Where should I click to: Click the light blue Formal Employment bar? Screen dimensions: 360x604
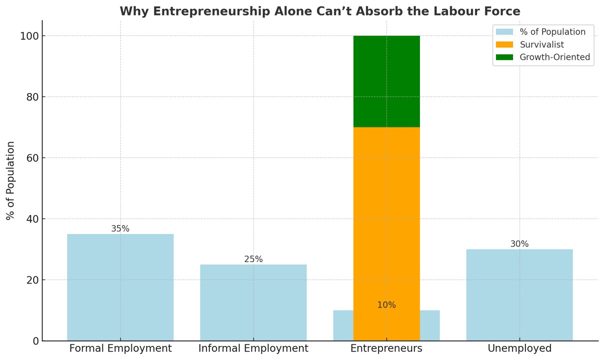coord(120,287)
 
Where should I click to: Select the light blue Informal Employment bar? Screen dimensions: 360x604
coord(253,302)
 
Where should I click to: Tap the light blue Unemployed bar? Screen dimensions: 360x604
coord(519,295)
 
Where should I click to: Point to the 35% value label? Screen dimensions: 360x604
coord(120,228)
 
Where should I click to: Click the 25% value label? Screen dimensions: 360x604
coord(253,259)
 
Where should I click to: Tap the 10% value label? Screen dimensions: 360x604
coord(386,305)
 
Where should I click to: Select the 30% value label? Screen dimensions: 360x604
coord(519,244)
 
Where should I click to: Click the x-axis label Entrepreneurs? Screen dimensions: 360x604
coord(386,348)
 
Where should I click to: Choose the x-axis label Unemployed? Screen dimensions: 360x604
coord(519,348)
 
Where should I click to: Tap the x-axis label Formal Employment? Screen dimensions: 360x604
coord(120,348)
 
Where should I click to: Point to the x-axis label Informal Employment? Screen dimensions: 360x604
coord(253,348)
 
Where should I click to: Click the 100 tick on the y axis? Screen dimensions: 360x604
coord(29,36)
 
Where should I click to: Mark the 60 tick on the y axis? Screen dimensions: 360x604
coord(32,158)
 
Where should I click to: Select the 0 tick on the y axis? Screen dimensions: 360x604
coord(35,341)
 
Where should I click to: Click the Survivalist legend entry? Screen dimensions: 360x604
coord(541,44)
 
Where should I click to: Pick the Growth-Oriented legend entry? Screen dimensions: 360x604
coord(554,57)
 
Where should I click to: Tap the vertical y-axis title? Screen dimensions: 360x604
coord(10,180)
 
